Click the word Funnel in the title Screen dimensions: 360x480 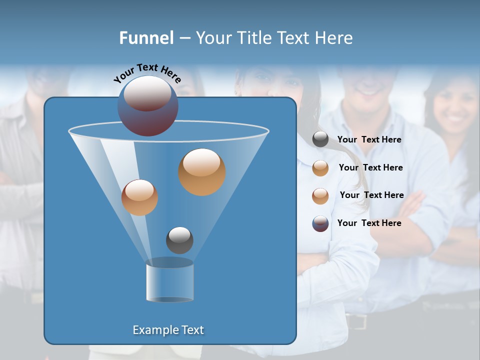pyautogui.click(x=146, y=38)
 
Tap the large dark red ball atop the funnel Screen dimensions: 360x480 pyautogui.click(x=148, y=106)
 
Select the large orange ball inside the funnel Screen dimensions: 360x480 pyautogui.click(x=201, y=172)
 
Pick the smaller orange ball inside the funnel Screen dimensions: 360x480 pyautogui.click(x=139, y=197)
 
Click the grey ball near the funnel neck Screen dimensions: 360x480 pyautogui.click(x=179, y=240)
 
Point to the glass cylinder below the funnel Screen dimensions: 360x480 pyautogui.click(x=169, y=281)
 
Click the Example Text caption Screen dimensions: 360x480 pyautogui.click(x=168, y=330)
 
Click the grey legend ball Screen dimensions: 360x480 pyautogui.click(x=320, y=139)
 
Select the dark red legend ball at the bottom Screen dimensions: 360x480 pyautogui.click(x=320, y=223)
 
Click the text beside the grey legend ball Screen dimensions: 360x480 pyautogui.click(x=369, y=140)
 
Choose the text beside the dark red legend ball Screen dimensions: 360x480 pyautogui.click(x=369, y=223)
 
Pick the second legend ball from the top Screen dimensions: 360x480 pyautogui.click(x=320, y=168)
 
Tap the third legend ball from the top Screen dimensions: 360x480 pyautogui.click(x=320, y=196)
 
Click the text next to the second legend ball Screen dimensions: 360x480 pyautogui.click(x=370, y=168)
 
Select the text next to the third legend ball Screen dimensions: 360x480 pyautogui.click(x=371, y=195)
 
